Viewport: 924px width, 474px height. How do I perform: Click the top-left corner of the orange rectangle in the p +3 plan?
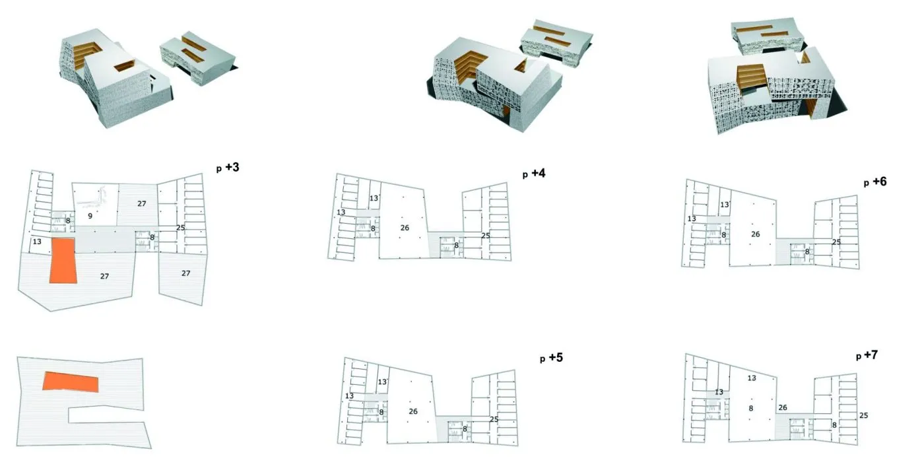pyautogui.click(x=51, y=238)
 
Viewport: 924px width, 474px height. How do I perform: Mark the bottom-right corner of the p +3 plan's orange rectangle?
pyautogui.click(x=77, y=283)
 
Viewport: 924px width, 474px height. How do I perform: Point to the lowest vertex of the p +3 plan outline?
pyautogui.click(x=50, y=312)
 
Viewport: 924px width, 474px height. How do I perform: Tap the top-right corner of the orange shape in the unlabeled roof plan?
pyautogui.click(x=98, y=377)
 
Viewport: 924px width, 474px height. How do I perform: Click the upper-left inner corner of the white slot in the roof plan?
pyautogui.click(x=69, y=409)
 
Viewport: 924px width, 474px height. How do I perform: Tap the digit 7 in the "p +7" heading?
pyautogui.click(x=874, y=355)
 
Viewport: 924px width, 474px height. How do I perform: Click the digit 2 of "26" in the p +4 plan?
pyautogui.click(x=403, y=228)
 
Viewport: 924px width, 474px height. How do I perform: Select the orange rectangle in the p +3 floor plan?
pyautogui.click(x=63, y=261)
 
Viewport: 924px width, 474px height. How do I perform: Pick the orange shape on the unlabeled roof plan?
pyautogui.click(x=71, y=382)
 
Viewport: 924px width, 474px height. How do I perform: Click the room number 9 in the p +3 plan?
pyautogui.click(x=90, y=216)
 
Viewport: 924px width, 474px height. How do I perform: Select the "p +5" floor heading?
pyautogui.click(x=552, y=358)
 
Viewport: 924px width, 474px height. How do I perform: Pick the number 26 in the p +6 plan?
pyautogui.click(x=755, y=234)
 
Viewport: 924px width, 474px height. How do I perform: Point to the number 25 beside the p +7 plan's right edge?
pyautogui.click(x=864, y=415)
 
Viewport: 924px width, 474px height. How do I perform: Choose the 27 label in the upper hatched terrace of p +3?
pyautogui.click(x=141, y=204)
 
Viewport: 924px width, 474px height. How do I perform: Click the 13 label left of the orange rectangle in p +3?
pyautogui.click(x=37, y=242)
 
